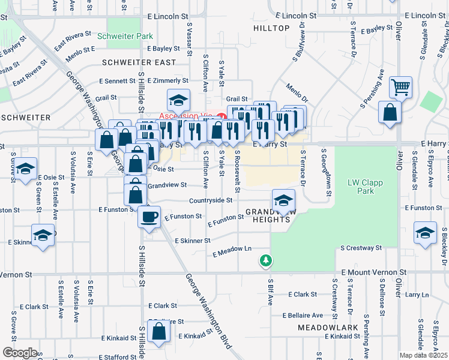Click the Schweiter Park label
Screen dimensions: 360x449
tap(130, 37)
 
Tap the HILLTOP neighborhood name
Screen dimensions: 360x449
tap(271, 28)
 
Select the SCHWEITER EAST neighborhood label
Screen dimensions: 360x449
tap(139, 62)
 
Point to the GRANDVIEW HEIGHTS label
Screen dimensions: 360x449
tap(268, 215)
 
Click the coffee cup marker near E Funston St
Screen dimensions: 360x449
tap(149, 217)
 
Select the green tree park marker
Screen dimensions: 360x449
tap(265, 260)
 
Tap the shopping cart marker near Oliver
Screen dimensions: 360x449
tap(400, 86)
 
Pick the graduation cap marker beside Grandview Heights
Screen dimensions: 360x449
tap(283, 200)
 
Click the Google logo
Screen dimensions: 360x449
tap(19, 353)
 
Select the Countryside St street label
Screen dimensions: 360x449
tap(211, 200)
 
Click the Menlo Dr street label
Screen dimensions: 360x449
tap(297, 92)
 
